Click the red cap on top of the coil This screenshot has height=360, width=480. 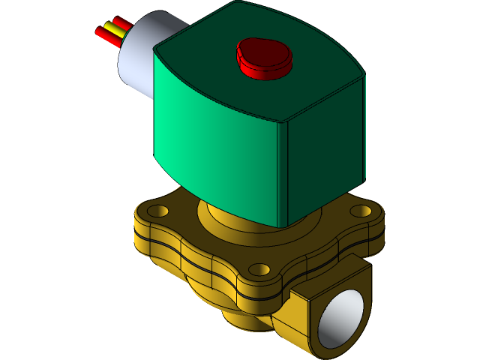click(262, 57)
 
